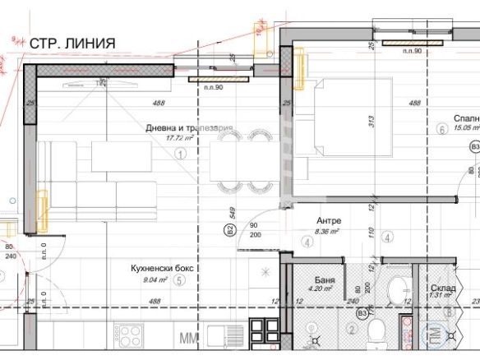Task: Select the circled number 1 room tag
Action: [182, 152]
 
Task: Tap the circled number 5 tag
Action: [180, 279]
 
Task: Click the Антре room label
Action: [330, 221]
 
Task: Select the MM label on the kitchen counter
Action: [189, 337]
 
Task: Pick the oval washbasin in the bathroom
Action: [397, 290]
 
